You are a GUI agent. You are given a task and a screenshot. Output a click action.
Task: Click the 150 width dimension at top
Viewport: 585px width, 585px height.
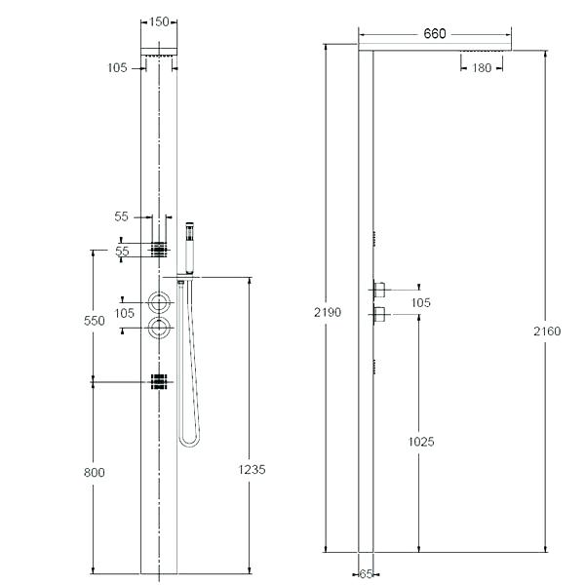(x=159, y=22)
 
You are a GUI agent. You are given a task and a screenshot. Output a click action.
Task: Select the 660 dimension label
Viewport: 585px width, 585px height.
(x=435, y=34)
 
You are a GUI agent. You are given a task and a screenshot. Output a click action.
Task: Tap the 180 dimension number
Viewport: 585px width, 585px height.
(x=482, y=68)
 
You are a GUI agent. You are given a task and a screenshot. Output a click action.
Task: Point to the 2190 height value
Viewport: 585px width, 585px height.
(x=328, y=312)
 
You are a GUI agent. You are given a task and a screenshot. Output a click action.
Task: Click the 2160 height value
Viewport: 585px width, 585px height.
(x=547, y=331)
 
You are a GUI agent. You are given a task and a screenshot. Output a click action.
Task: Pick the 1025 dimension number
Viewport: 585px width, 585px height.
(x=421, y=442)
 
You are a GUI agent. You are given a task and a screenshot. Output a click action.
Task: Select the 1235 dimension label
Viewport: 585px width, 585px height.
(x=252, y=469)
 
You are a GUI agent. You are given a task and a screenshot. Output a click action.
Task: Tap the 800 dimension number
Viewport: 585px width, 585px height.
(x=94, y=473)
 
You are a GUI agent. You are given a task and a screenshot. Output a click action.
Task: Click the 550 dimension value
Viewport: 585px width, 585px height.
(x=94, y=321)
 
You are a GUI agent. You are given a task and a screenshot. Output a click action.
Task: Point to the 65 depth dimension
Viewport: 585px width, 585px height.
(x=366, y=574)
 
